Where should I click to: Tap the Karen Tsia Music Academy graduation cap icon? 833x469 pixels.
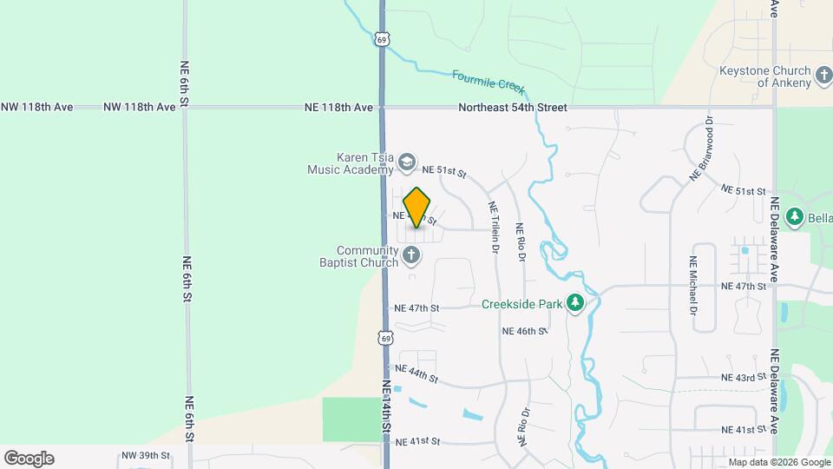tap(406, 162)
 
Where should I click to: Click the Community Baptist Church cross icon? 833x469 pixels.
tap(411, 255)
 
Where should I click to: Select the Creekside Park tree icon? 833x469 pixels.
tap(574, 302)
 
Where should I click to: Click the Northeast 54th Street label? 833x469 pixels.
tap(513, 108)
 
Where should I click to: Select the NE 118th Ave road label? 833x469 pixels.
tap(338, 108)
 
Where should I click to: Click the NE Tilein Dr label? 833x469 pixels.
tap(494, 228)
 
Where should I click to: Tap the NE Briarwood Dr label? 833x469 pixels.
tap(701, 149)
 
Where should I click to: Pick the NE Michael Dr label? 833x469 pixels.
tap(693, 285)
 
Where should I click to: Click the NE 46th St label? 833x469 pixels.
tap(525, 332)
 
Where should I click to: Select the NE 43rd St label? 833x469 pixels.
tap(744, 378)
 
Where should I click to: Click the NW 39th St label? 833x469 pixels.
tap(145, 456)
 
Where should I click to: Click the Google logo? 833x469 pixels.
tap(29, 459)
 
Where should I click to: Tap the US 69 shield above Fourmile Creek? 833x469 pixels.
tap(383, 39)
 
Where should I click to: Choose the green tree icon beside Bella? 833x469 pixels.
tap(793, 216)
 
